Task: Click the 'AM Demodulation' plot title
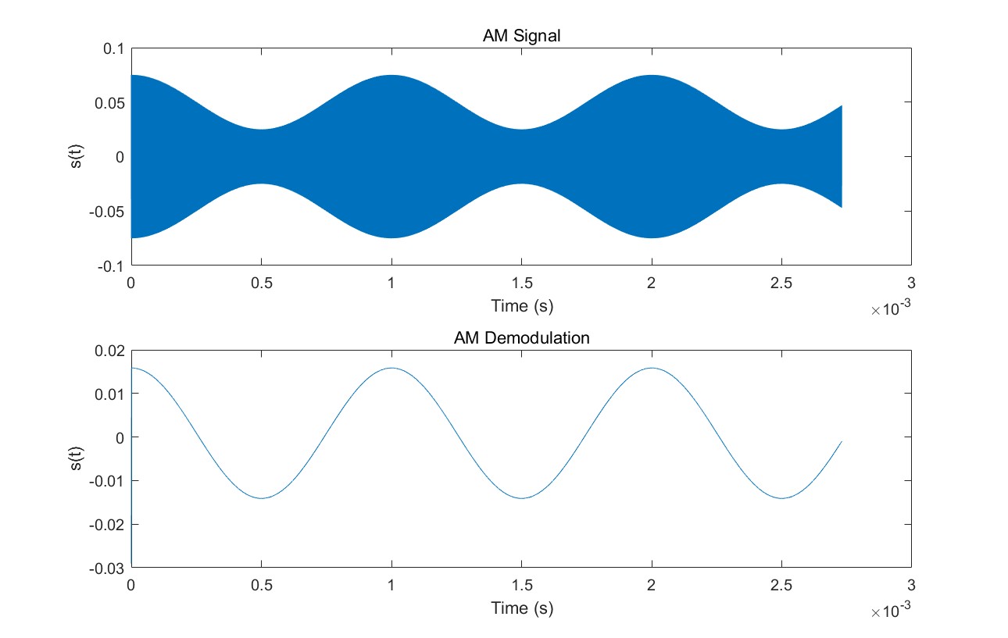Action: pyautogui.click(x=521, y=338)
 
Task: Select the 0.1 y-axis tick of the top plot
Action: pyautogui.click(x=114, y=48)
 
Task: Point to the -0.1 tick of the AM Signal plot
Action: pyautogui.click(x=112, y=266)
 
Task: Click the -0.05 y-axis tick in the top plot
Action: pyautogui.click(x=109, y=211)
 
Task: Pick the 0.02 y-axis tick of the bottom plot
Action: pyautogui.click(x=110, y=351)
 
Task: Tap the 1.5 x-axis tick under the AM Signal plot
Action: pyautogui.click(x=521, y=283)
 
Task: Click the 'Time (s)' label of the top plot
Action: pyautogui.click(x=521, y=305)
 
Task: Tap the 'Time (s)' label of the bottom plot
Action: pyautogui.click(x=521, y=608)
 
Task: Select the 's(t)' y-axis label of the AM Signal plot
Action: pyautogui.click(x=75, y=157)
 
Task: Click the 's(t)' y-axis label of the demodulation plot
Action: pyautogui.click(x=75, y=459)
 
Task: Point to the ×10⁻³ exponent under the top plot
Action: pyautogui.click(x=891, y=310)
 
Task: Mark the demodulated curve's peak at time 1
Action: pyautogui.click(x=391, y=368)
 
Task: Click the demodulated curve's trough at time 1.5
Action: pyautogui.click(x=521, y=498)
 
